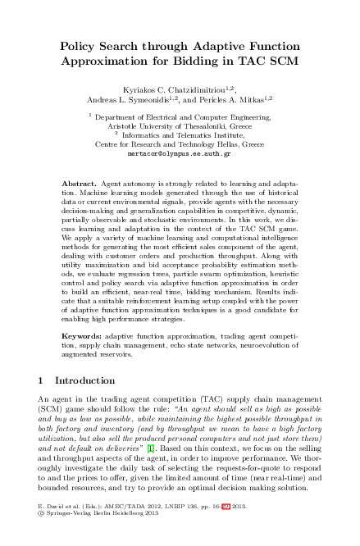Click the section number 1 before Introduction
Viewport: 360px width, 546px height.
(x=41, y=381)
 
